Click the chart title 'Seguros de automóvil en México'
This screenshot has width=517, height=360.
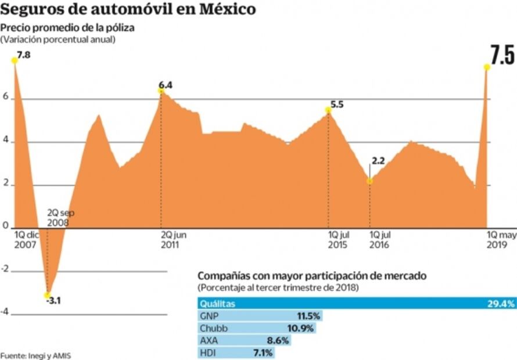[128, 10]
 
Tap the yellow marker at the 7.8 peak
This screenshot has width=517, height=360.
[14, 60]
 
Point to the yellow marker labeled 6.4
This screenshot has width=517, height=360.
[161, 91]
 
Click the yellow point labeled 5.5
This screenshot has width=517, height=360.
[329, 110]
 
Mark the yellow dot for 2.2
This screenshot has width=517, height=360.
[370, 181]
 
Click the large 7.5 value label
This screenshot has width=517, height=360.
[502, 55]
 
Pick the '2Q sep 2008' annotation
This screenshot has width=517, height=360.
[60, 217]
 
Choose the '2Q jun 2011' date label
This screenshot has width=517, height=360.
[174, 240]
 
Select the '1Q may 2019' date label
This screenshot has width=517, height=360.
[501, 240]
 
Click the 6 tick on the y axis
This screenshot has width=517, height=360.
[5, 98]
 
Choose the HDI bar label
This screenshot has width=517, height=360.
[208, 353]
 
